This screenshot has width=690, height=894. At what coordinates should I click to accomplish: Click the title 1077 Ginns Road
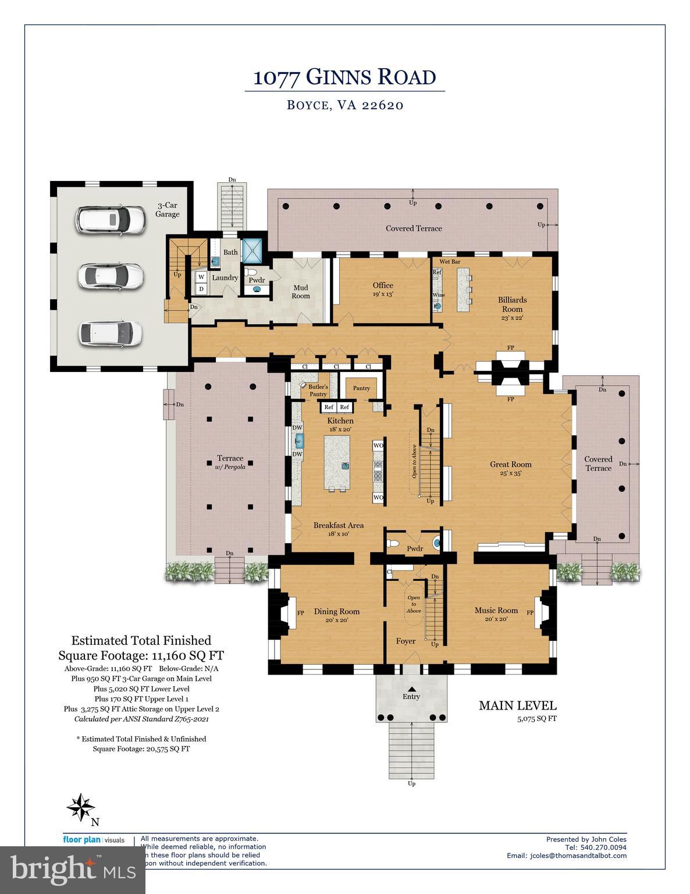pos(344,77)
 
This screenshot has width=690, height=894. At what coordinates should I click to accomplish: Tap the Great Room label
pos(511,464)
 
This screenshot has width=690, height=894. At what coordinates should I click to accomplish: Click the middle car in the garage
pos(111,276)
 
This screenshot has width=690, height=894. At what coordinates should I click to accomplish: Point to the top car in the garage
pos(111,221)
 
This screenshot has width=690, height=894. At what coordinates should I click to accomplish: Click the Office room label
pos(383,285)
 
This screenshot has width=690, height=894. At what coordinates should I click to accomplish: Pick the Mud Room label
pos(301,292)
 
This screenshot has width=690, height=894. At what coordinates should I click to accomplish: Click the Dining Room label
pos(336,611)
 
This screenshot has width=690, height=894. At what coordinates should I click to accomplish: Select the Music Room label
pos(496,611)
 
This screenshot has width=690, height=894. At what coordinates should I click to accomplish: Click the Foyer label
pos(406,641)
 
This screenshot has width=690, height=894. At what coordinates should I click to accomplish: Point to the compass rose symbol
pos(80,807)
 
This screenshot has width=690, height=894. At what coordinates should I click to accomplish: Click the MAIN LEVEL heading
pos(517,705)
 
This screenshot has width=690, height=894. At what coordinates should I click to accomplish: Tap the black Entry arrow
pos(411,689)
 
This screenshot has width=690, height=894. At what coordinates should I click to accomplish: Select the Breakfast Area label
pos(338,525)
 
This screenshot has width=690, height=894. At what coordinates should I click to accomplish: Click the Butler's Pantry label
pos(318,390)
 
